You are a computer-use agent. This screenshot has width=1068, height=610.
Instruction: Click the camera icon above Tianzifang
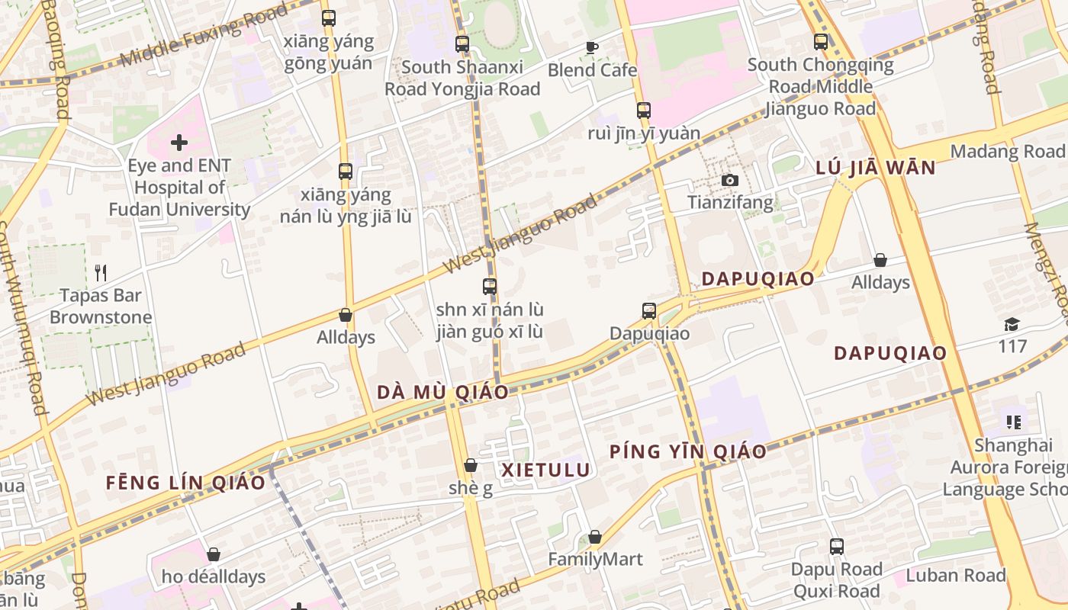tap(730, 180)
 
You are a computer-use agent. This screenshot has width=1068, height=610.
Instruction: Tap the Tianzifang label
tap(730, 202)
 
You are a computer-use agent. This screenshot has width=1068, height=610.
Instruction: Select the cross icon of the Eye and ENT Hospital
tap(179, 142)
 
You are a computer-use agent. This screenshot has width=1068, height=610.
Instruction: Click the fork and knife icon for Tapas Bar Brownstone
tap(101, 272)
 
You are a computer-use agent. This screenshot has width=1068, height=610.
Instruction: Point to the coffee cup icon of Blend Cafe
tap(592, 47)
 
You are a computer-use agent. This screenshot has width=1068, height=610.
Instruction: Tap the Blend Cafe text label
tap(592, 70)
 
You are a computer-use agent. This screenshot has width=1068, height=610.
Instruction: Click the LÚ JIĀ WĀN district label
tap(876, 169)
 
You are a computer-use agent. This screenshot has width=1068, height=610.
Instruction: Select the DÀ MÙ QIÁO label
tap(442, 393)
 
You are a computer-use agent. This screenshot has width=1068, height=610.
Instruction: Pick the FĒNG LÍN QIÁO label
tap(185, 483)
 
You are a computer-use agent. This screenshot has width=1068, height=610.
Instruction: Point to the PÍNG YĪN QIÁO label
tap(687, 451)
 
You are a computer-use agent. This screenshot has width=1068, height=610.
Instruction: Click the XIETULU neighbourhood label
tap(545, 470)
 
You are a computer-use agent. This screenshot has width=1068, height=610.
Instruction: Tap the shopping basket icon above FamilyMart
tap(595, 537)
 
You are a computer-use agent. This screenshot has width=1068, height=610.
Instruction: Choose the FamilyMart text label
tap(595, 560)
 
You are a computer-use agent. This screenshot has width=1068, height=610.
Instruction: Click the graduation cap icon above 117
tap(1012, 325)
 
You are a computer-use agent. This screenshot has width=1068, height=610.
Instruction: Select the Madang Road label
tap(1007, 151)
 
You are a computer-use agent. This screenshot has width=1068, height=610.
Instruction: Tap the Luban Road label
tap(956, 575)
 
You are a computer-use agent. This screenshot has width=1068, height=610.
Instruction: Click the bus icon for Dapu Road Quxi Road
tap(837, 547)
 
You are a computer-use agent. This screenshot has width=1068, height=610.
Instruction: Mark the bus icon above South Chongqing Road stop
tap(821, 42)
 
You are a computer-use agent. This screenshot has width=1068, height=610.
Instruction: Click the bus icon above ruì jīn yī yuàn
tap(644, 111)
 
